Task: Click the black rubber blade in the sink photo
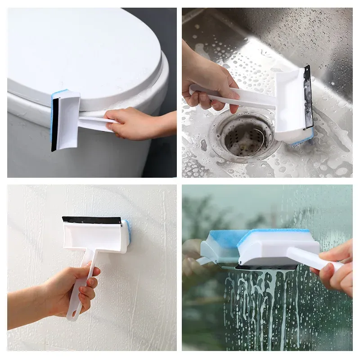point(308,97)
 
